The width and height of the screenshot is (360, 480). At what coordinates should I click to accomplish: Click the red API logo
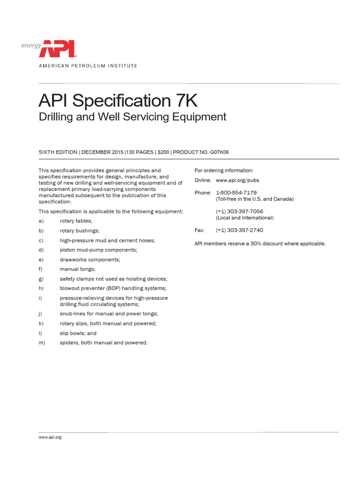[x=60, y=49]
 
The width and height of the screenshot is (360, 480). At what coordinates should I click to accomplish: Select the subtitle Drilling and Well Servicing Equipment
[x=132, y=117]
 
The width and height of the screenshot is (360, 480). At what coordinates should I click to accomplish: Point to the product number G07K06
[x=217, y=152]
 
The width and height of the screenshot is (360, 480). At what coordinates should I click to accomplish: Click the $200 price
[x=164, y=152]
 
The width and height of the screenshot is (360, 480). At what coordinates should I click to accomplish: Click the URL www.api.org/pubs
[x=237, y=180]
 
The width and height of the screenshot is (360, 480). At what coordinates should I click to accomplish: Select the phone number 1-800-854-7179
[x=236, y=193]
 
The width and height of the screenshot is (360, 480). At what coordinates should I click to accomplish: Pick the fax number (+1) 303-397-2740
[x=240, y=230]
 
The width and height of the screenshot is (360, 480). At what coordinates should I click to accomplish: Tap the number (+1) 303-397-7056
[x=240, y=211]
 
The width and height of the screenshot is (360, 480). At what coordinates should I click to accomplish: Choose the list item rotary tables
[x=76, y=221]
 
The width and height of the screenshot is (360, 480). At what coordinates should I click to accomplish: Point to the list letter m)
[x=41, y=343]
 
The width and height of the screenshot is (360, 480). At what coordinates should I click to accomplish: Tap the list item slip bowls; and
[x=78, y=333]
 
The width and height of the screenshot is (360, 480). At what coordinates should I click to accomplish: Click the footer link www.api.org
[x=50, y=437]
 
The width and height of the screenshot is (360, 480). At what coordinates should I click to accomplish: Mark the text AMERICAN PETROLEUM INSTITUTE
[x=88, y=66]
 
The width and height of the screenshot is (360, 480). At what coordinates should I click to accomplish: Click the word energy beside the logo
[x=31, y=45]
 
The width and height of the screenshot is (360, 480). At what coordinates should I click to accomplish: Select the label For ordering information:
[x=224, y=170]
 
